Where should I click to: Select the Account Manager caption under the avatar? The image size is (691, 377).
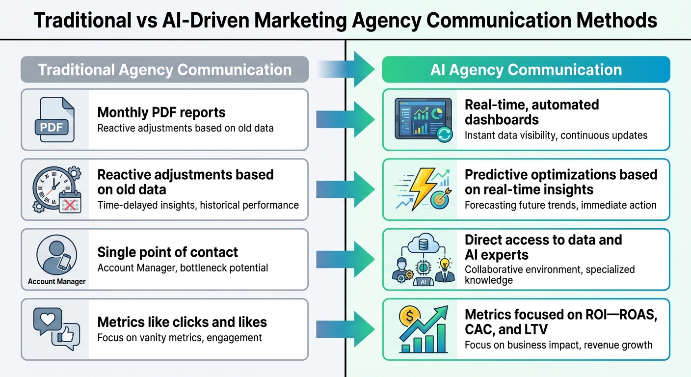56,281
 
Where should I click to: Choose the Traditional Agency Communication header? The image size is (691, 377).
164,69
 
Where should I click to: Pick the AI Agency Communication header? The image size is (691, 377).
526,69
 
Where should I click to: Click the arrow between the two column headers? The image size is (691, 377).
346,69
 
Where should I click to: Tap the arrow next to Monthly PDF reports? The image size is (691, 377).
346,119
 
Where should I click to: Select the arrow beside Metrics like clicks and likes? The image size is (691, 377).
346,329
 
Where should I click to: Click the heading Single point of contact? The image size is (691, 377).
167,252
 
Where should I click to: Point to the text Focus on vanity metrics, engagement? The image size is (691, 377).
179,338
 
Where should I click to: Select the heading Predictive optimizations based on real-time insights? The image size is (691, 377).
560,182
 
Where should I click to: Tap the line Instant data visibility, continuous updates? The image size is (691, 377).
556,135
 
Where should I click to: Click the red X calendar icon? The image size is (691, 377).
69,203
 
